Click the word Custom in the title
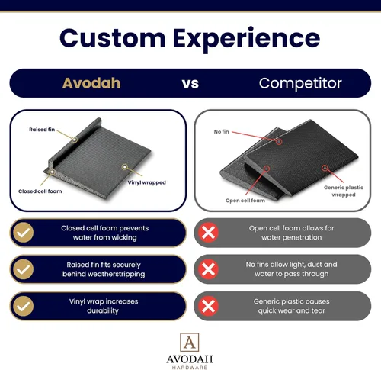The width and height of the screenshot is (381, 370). pos(113,38)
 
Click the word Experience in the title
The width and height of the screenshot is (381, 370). pos(246,40)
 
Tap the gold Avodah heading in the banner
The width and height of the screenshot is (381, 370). pos(91,83)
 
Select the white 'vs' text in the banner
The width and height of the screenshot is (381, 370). pos(190,84)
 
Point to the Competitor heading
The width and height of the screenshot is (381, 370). pos(300,83)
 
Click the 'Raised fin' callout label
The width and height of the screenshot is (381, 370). pos(42,130)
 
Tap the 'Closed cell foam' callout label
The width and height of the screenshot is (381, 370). pos(40,191)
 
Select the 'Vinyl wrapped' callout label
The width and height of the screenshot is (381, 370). pos(147,182)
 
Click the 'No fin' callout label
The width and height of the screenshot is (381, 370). pos(221,132)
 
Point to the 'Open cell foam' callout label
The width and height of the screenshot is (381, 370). pos(245,201)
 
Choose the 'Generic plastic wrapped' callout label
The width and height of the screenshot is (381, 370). pos(344,191)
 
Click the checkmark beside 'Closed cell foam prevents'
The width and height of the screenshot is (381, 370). pos(24,233)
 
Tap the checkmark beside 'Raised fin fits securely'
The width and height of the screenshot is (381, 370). pos(24,269)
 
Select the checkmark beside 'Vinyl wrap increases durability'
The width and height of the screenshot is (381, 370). pos(24,306)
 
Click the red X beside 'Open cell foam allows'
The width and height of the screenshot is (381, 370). pos(208,233)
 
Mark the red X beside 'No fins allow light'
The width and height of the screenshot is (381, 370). pos(208,269)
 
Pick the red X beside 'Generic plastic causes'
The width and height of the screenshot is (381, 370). pos(208,306)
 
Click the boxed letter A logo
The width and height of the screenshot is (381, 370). pos(190,343)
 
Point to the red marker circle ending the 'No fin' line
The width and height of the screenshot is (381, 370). pos(279,141)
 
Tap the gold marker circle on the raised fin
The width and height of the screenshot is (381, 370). pos(75,140)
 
